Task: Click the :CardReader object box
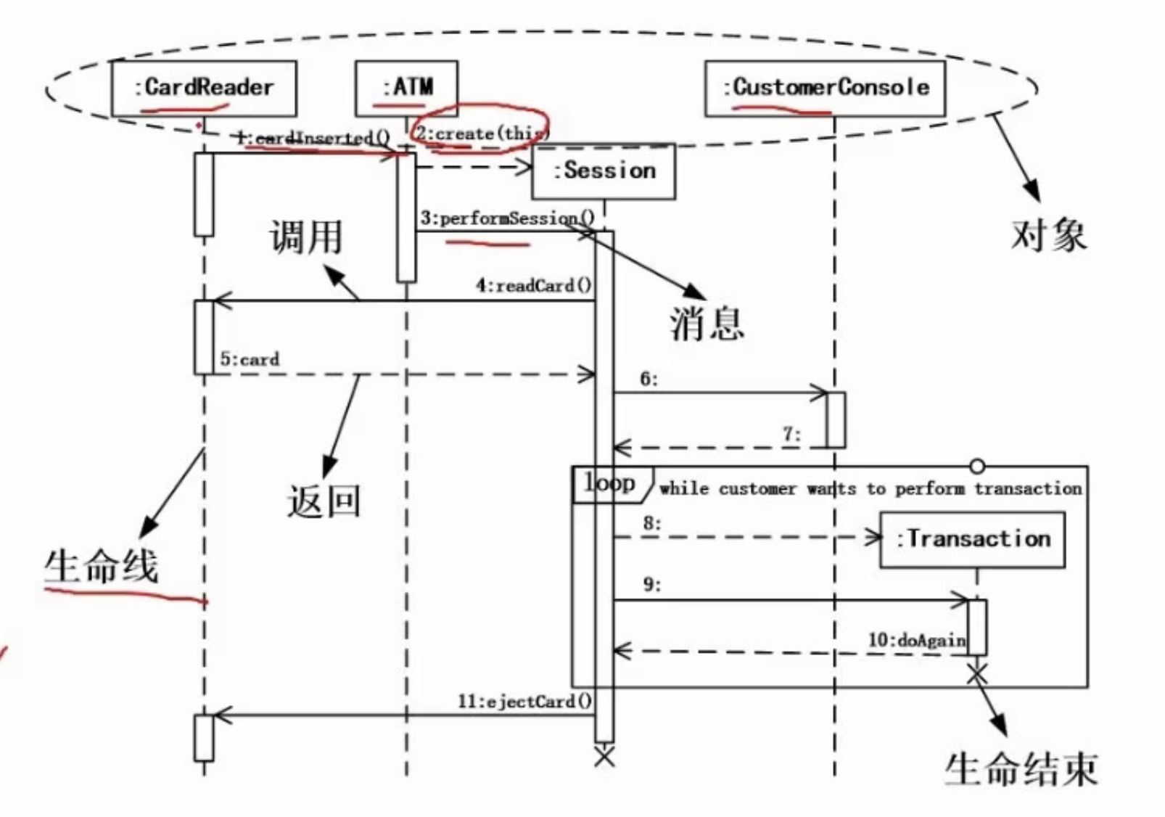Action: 204,89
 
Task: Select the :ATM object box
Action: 406,89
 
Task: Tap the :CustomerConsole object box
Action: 825,89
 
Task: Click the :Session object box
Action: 604,171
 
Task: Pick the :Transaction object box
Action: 972,539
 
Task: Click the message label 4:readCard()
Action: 533,285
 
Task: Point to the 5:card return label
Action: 250,359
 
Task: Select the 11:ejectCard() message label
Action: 524,702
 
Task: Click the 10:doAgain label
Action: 917,640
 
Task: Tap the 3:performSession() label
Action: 507,218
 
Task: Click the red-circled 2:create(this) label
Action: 481,134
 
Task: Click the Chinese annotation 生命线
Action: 101,566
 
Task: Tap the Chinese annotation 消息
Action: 707,323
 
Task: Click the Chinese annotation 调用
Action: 305,237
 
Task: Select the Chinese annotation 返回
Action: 324,501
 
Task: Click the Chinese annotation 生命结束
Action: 1021,769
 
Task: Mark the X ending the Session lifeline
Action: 604,757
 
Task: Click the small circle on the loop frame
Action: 977,466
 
